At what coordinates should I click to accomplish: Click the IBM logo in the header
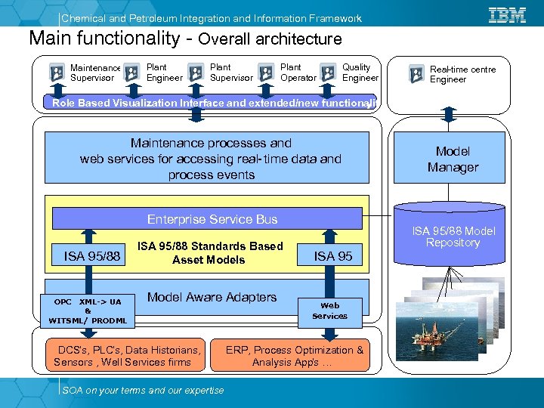(x=508, y=14)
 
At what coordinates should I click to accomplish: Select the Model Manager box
(x=453, y=159)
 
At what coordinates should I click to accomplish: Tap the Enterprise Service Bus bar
(x=207, y=219)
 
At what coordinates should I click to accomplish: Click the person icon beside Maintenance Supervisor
(x=57, y=73)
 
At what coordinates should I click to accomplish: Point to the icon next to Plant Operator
(x=266, y=73)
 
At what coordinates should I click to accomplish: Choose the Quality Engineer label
(x=360, y=73)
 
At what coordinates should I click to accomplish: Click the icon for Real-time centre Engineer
(x=416, y=73)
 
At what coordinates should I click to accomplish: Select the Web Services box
(x=329, y=311)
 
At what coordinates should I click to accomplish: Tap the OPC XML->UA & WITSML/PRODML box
(x=88, y=311)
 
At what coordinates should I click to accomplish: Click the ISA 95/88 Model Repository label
(x=453, y=236)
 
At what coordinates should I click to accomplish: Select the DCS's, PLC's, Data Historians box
(x=127, y=356)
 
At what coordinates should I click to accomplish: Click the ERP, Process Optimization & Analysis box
(x=295, y=356)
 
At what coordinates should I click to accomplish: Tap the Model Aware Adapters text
(x=212, y=298)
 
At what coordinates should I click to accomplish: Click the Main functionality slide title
(x=185, y=38)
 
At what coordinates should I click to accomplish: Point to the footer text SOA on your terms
(x=144, y=390)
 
